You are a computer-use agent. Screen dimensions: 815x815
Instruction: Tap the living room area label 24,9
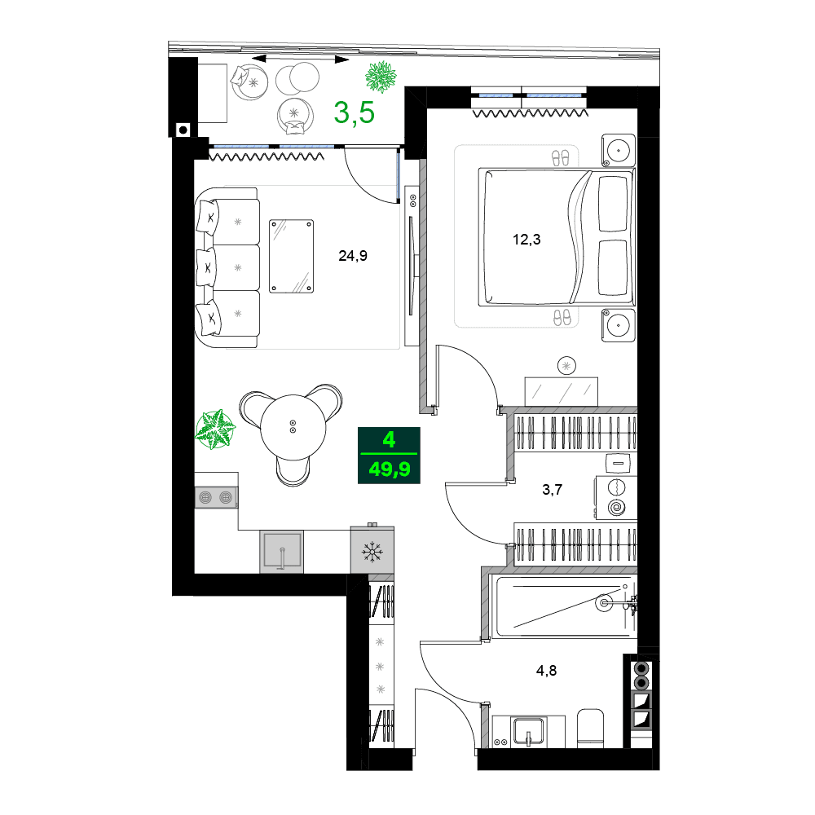coord(353,256)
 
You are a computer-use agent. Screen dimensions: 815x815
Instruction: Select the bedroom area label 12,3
coord(526,240)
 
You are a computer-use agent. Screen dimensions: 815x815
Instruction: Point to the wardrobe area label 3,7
coord(553,490)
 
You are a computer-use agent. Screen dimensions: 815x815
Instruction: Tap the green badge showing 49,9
coord(390,469)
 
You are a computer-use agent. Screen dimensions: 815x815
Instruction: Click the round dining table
coord(293,424)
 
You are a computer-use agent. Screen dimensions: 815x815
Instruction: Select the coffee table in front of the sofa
coord(291,255)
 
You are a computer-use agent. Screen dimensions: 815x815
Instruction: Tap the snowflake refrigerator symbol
coord(372,553)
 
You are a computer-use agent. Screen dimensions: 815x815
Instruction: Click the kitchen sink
coord(281,553)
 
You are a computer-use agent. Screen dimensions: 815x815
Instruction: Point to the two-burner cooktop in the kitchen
coord(216,496)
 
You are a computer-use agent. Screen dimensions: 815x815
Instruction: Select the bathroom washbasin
coord(528,730)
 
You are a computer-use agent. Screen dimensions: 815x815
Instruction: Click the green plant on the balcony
coord(381,77)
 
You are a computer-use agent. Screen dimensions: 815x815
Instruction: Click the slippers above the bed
coord(562,157)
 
